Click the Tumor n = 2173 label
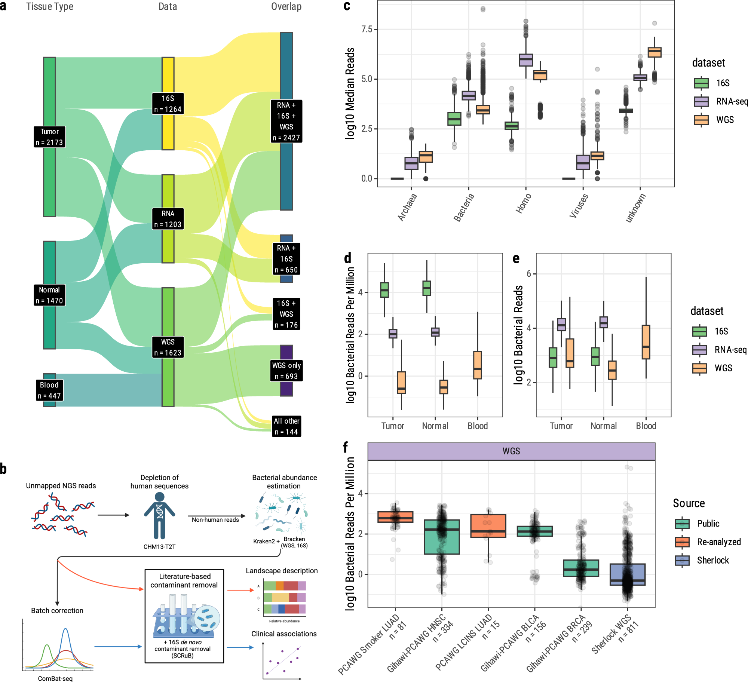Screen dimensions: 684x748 49,137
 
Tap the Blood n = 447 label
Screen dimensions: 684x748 49,390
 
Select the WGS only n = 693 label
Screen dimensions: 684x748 286,371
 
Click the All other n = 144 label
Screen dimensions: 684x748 286,426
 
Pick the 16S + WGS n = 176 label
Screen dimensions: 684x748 286,314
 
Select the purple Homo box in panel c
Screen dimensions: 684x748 526,60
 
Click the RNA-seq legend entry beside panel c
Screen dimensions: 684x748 731,101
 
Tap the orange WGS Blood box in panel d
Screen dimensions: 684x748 478,365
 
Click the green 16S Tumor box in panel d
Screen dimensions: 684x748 384,290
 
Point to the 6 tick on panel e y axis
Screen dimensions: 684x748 529,274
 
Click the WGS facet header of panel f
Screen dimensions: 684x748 511,451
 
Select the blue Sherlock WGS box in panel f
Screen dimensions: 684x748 627,574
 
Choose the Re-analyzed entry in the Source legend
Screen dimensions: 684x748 718,542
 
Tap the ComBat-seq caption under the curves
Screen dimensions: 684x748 55,678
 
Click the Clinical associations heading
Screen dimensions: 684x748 284,634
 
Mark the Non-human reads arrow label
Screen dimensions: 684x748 215,520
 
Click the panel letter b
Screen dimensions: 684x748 3,469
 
